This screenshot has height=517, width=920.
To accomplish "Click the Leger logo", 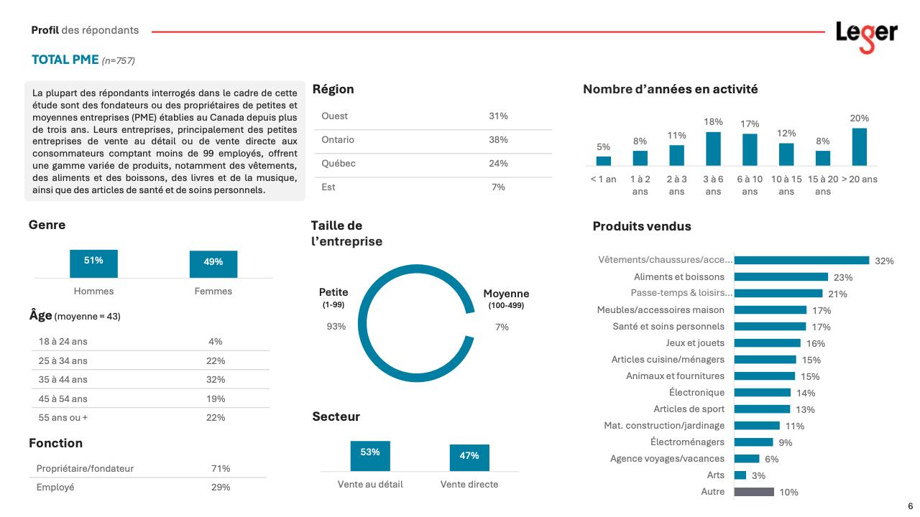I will (866, 35).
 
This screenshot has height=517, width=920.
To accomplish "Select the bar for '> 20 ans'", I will (859, 146).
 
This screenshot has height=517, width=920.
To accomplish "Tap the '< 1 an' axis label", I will (603, 179).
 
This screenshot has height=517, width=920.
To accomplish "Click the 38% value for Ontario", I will (498, 140).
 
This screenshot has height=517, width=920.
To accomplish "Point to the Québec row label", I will (339, 164).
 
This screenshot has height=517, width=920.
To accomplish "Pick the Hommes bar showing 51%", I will (93, 263).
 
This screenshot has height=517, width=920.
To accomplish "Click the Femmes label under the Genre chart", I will (213, 291).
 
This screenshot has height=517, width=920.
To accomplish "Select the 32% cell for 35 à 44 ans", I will (216, 380).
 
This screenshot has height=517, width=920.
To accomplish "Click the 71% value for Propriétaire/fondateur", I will (220, 469).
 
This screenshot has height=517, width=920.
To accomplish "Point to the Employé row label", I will (55, 488).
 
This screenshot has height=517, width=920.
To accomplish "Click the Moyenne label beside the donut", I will (506, 294).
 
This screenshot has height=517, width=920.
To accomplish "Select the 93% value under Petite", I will (336, 327).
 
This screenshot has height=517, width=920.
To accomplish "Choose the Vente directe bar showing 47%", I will (469, 457).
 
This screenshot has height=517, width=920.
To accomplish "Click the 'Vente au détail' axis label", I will (370, 484).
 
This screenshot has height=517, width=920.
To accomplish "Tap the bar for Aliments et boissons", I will (781, 276).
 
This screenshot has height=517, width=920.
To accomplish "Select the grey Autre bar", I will (754, 492).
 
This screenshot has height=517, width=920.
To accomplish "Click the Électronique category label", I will (696, 393).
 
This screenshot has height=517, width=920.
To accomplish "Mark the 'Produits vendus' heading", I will (642, 226).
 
